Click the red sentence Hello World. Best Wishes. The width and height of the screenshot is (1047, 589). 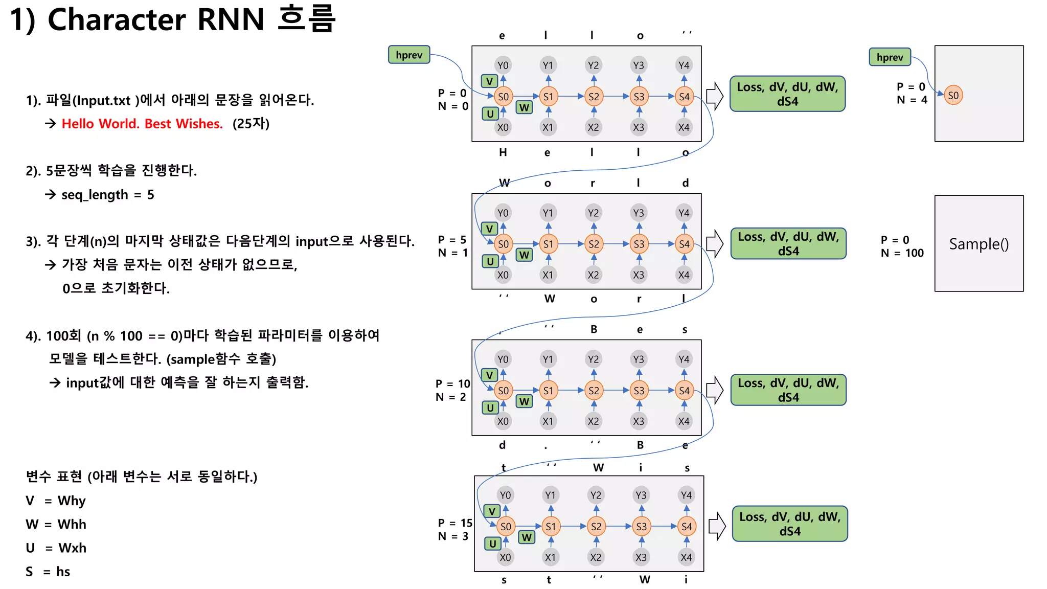pos(142,124)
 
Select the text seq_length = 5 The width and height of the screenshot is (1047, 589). pos(107,195)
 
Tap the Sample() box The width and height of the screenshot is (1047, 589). pos(978,244)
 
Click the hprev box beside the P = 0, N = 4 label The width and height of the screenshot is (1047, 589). pos(890,57)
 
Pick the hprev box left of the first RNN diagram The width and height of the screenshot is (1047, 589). pos(409,55)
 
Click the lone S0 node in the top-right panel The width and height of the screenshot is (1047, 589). pos(953,95)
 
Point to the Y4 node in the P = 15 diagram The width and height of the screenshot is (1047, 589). pos(686,495)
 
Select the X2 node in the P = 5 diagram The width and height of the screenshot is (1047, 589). pos(593,275)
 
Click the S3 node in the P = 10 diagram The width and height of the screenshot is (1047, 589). pos(639,391)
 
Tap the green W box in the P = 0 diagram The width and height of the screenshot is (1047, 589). pos(524,107)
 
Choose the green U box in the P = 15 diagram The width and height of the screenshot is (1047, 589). pos(492,543)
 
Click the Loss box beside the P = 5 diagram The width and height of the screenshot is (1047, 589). pos(788,244)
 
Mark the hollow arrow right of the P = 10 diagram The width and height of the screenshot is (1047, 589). pos(715,391)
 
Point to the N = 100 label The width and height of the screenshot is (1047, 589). pos(902,253)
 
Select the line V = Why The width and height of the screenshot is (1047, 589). pos(56,501)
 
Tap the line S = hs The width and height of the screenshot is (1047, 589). pos(48,572)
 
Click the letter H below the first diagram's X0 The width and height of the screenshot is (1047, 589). pos(503,152)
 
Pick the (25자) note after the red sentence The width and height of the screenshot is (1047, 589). pos(251,124)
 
